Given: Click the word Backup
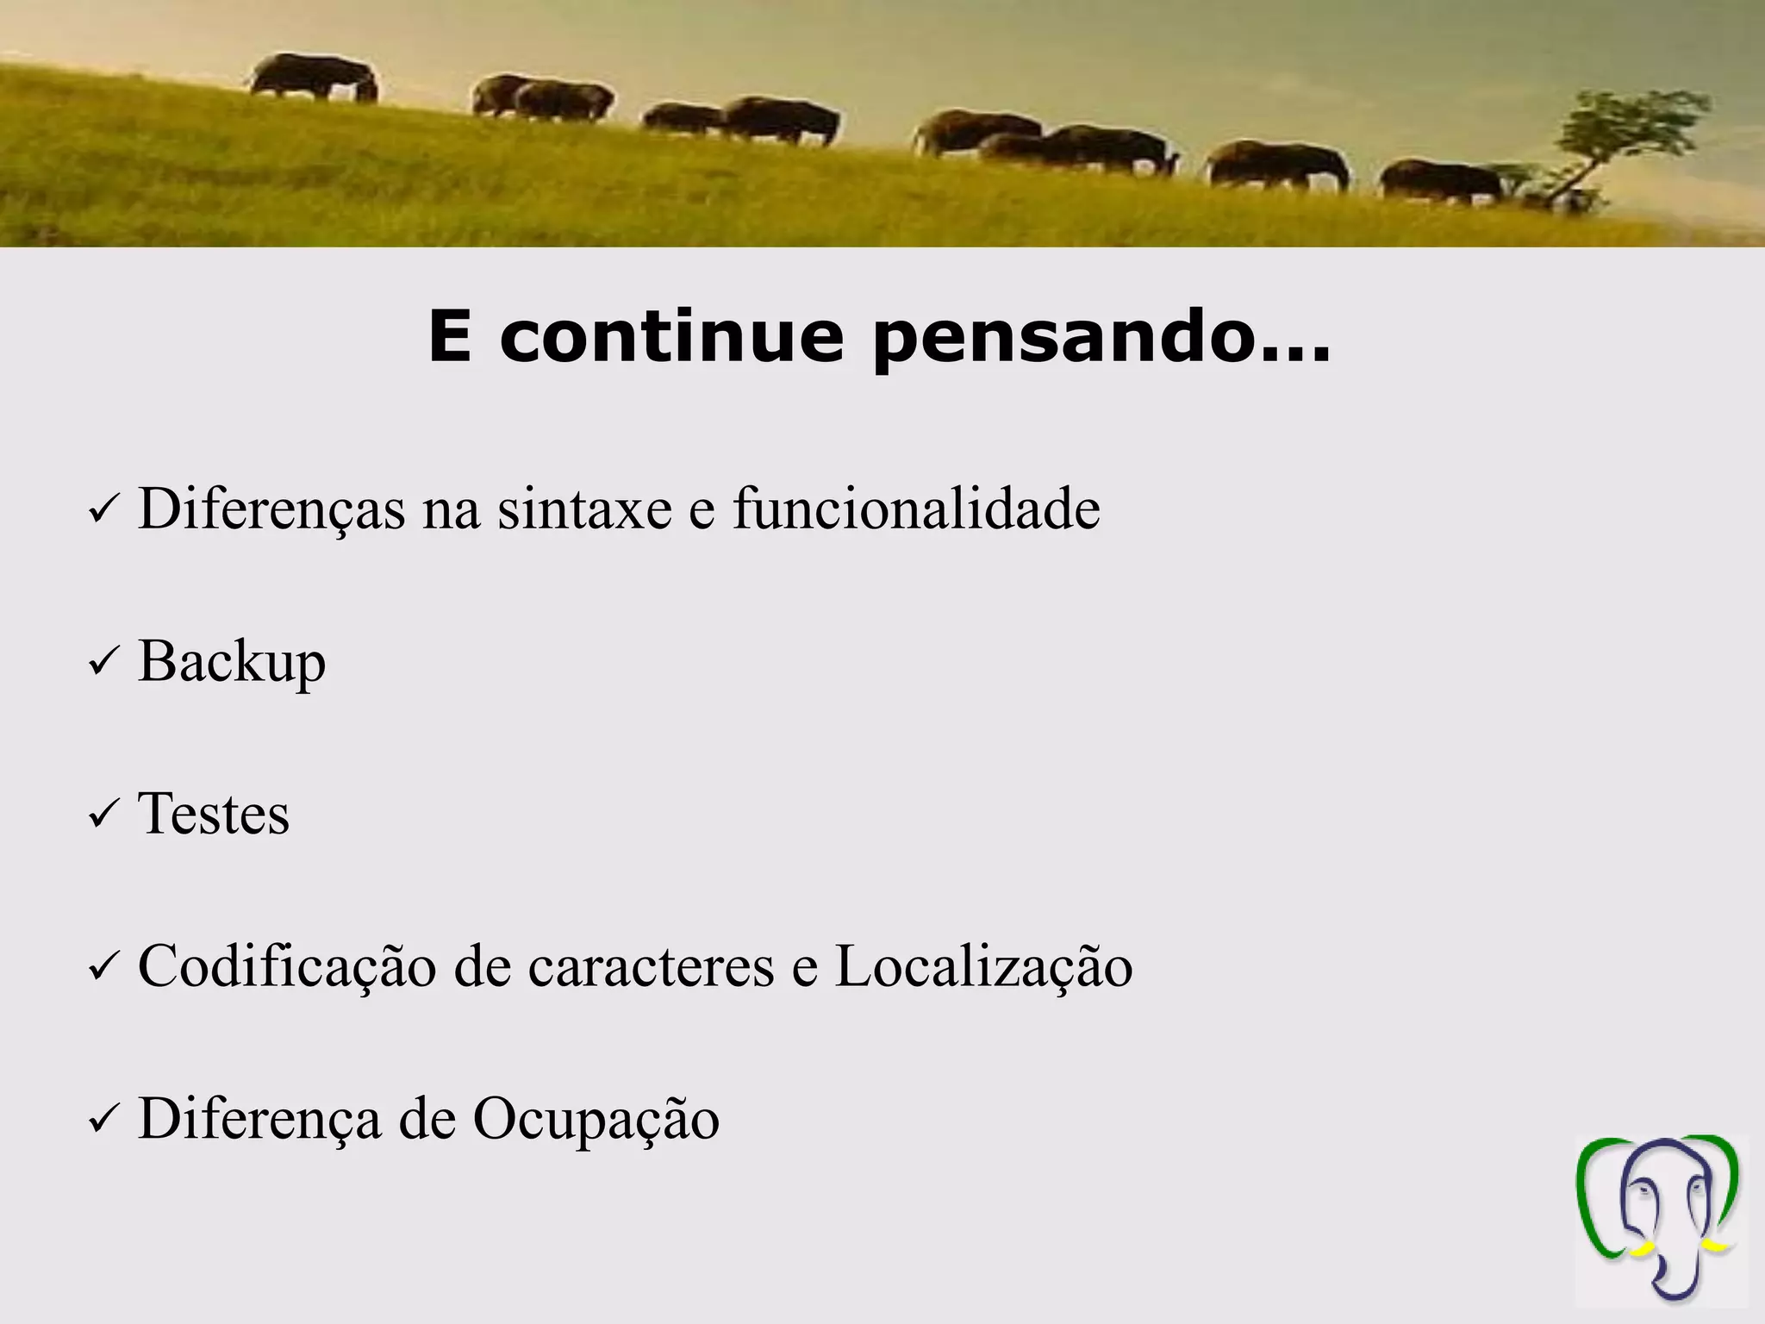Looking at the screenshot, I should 232,662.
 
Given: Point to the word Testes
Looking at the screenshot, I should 214,814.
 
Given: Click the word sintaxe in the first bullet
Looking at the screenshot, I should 583,509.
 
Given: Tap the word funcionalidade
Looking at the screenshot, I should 916,509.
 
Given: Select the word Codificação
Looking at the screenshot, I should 287,966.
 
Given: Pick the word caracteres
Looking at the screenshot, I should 651,966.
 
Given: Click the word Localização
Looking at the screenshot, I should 983,966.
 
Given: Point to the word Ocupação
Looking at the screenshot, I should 596,1120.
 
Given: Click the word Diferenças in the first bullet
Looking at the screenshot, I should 271,509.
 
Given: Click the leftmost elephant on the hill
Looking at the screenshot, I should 315,78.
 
